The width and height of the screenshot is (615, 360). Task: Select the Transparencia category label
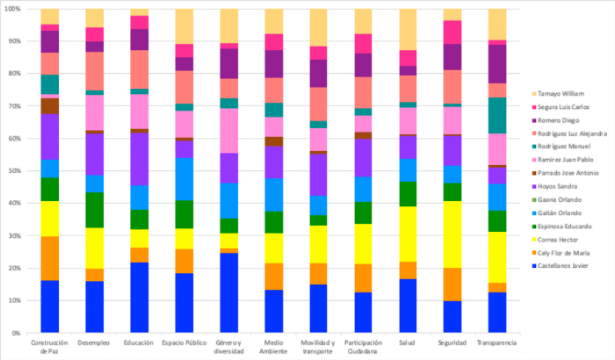point(497,342)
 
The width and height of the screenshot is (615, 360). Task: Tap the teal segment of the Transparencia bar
point(497,115)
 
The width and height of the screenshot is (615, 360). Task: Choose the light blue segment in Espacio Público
point(184,178)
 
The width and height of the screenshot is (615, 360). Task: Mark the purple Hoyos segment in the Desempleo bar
point(95,154)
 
